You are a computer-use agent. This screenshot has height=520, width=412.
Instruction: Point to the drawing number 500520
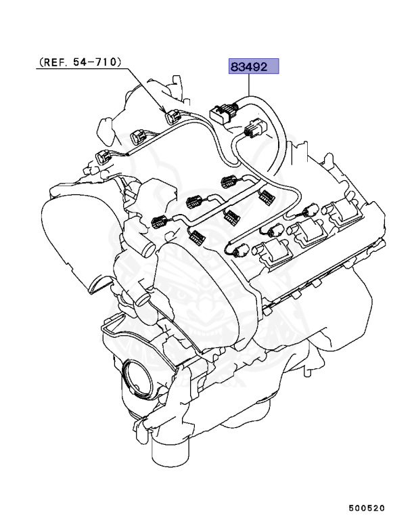[x=367, y=506]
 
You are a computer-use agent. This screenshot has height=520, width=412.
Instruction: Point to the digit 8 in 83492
[x=234, y=66]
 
